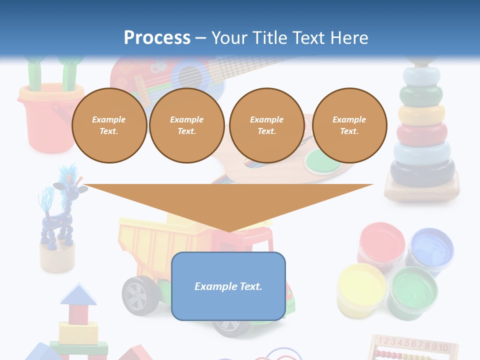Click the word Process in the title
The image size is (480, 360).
[157, 37]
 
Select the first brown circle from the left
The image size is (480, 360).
[109, 125]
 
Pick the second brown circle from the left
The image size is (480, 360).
[186, 125]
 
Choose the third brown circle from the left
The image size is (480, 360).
[266, 125]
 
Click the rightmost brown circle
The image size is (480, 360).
[349, 125]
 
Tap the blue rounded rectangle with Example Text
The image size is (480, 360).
[228, 286]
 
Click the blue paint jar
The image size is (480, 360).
[430, 247]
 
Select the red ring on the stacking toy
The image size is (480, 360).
[421, 133]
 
